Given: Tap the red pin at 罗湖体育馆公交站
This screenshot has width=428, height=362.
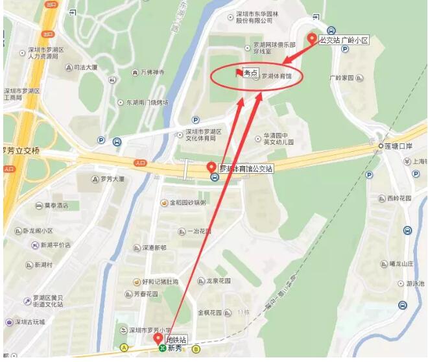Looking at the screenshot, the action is coord(212,167).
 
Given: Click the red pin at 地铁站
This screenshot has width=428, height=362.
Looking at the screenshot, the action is coord(158,338).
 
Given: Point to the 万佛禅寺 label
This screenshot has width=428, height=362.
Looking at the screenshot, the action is coord(152,73).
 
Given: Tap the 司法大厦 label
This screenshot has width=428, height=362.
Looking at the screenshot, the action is coord(85,67).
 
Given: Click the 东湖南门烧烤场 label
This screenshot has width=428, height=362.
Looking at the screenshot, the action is coord(147,103).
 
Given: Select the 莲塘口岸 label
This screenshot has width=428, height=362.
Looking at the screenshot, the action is coord(399,146).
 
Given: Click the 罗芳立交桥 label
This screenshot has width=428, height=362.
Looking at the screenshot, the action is coord(21,151).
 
